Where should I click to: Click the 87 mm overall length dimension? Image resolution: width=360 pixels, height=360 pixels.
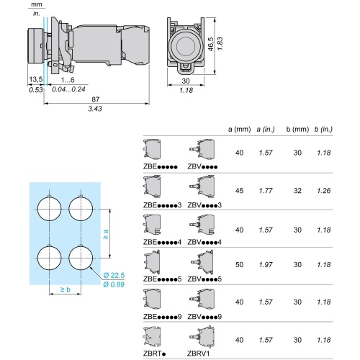96,99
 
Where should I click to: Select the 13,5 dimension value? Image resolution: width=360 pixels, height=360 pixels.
36,79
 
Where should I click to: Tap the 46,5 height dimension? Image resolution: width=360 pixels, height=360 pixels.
210,44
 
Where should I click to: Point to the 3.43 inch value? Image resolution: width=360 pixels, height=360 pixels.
95,109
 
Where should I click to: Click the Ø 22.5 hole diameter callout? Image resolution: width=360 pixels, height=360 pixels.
114,275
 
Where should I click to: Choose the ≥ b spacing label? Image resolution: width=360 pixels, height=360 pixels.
66,289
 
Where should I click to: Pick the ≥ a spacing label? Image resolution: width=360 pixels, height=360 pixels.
106,234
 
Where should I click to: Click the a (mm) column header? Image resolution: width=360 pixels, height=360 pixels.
239,130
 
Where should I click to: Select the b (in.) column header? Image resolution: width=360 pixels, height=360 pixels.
323,130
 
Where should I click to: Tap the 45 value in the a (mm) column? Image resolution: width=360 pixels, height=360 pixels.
240,191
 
